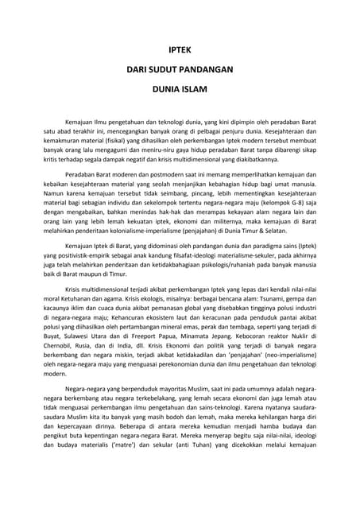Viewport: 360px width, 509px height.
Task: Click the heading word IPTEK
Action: tap(180, 49)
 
